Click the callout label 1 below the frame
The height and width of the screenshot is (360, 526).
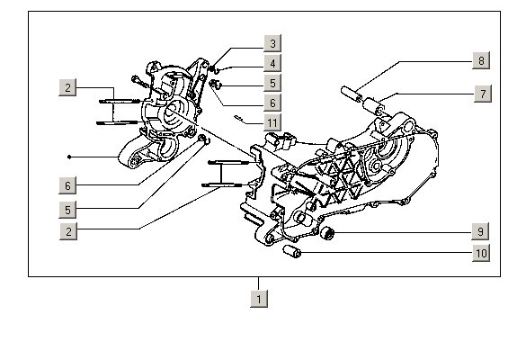259,299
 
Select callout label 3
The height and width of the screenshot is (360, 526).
272,43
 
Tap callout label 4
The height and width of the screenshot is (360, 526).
272,63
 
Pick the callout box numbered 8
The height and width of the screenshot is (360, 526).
481,60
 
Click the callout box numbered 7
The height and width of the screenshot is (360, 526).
483,94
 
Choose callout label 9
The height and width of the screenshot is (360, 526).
480,231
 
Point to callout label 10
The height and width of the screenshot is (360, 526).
481,253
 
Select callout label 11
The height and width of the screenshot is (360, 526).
272,122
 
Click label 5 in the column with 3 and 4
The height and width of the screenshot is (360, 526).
272,83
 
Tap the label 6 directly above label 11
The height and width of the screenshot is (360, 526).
272,103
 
